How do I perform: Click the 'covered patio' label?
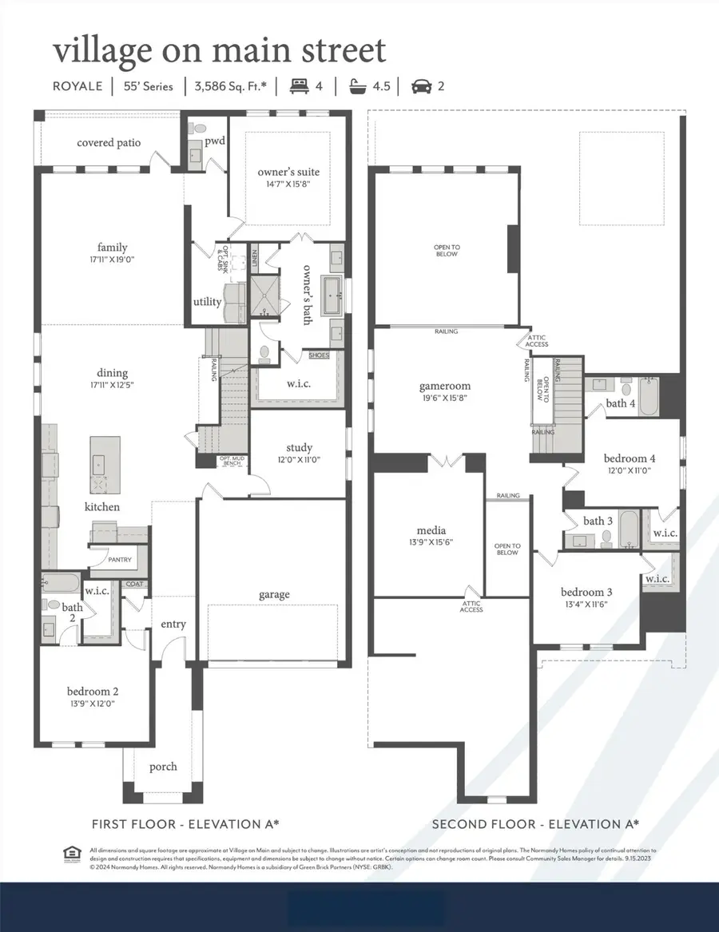(109, 142)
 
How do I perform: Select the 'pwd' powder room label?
(215, 141)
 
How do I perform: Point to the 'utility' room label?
(207, 302)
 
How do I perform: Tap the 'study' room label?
(299, 447)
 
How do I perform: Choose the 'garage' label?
(273, 594)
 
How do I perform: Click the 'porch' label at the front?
(164, 766)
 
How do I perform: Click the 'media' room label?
(431, 529)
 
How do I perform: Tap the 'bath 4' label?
(621, 403)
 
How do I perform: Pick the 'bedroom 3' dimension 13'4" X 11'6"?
(586, 605)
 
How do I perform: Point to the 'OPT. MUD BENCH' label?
(233, 460)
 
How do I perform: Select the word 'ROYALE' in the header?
(77, 86)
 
